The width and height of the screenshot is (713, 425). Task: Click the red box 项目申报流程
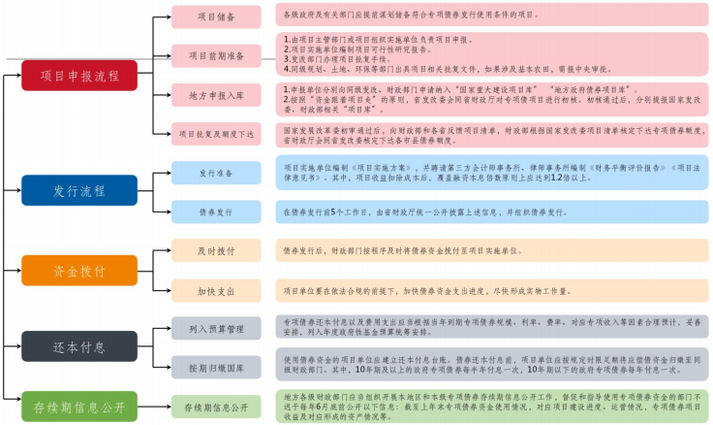click(79, 75)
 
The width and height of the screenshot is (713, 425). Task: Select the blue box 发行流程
click(79, 191)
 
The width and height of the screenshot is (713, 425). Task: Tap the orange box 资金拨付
click(79, 270)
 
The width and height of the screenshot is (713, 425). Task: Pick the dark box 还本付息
click(79, 345)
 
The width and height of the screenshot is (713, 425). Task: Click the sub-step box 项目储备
click(215, 16)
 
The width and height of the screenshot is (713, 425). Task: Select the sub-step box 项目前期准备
click(215, 55)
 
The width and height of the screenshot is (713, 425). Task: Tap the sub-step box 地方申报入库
click(215, 95)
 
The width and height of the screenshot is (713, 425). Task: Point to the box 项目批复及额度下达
click(215, 133)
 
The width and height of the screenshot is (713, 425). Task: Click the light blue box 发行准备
click(215, 173)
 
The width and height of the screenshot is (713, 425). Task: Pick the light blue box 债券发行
click(215, 211)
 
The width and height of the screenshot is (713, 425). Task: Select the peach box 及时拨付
click(215, 250)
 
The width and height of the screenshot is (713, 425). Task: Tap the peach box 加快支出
click(215, 290)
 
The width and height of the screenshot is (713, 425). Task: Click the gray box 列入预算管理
click(215, 327)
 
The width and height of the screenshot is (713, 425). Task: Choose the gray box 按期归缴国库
click(215, 366)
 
